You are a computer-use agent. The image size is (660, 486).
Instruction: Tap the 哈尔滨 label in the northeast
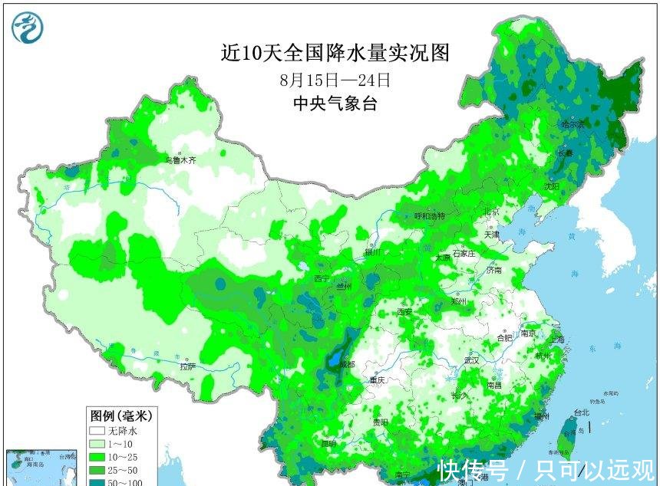click(572, 124)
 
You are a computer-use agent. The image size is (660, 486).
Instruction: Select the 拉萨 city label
click(189, 366)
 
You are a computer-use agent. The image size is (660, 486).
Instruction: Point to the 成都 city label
click(346, 364)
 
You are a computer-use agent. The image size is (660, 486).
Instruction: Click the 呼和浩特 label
click(430, 216)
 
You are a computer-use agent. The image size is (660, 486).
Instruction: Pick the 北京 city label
click(491, 212)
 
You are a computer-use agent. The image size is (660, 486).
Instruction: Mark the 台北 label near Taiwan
click(582, 412)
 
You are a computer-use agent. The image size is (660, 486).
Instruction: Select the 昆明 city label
click(328, 443)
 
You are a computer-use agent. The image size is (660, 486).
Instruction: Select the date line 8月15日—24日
click(335, 79)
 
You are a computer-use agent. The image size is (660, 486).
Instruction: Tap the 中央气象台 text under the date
click(335, 104)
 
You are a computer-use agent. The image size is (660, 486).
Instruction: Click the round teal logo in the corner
click(28, 28)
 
